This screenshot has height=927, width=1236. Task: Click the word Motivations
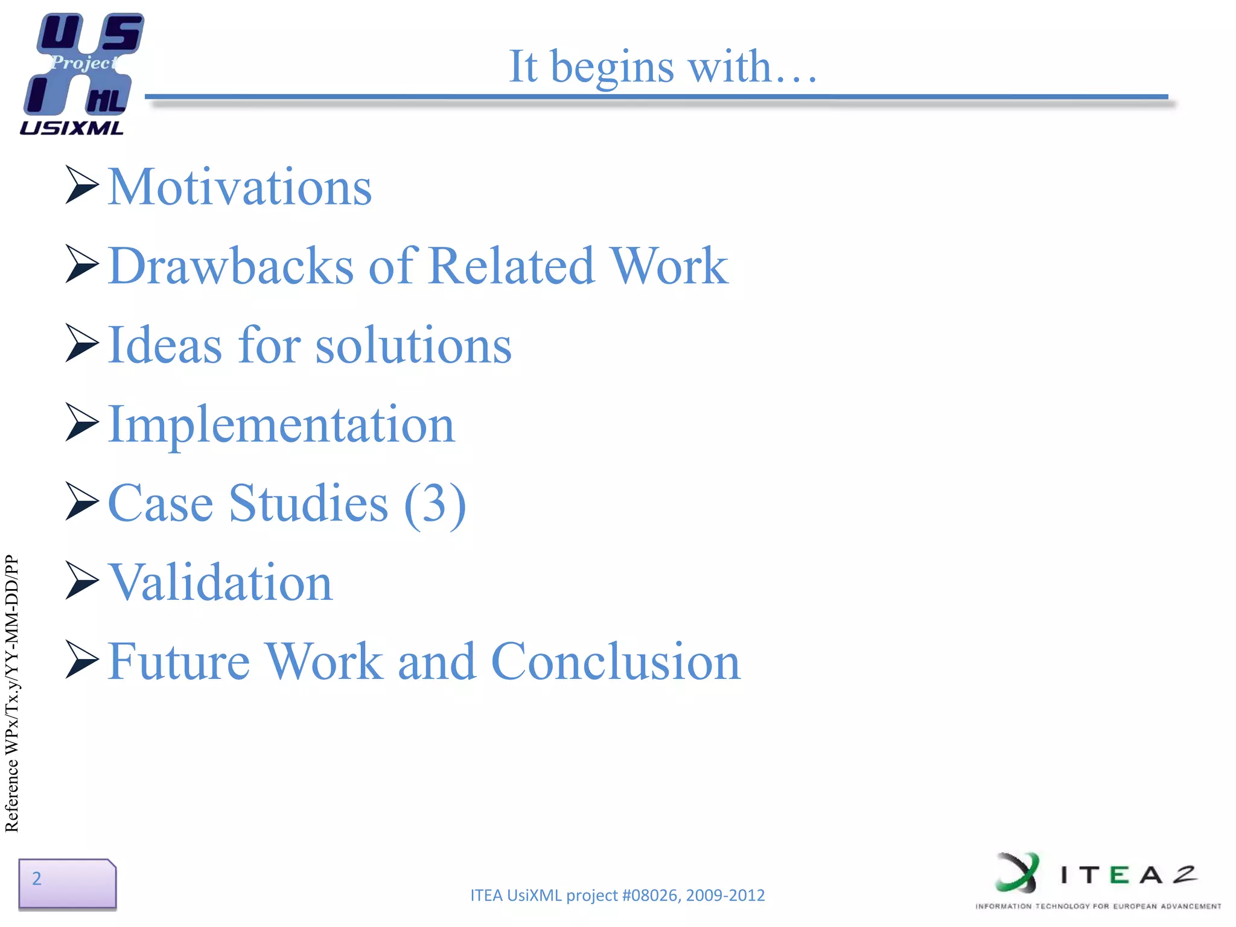(x=240, y=188)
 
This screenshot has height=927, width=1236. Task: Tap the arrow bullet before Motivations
(x=81, y=185)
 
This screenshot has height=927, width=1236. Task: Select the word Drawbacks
(x=231, y=266)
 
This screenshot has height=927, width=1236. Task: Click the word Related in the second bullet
(x=512, y=266)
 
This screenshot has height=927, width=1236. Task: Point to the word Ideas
(x=165, y=345)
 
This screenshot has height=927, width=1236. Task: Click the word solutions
(x=413, y=345)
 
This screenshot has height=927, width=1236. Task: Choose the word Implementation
(x=281, y=425)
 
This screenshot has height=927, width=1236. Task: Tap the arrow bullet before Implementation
(x=81, y=422)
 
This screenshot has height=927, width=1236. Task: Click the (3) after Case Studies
(x=435, y=504)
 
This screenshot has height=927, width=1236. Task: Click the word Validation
(x=220, y=583)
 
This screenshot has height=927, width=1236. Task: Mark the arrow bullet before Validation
(x=81, y=580)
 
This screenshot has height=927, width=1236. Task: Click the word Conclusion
(x=616, y=662)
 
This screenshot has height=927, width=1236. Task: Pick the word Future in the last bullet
(x=179, y=662)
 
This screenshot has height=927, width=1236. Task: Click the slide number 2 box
(x=66, y=883)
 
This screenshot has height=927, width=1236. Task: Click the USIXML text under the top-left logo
(x=71, y=128)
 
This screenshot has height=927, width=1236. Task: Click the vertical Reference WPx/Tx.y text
(x=12, y=694)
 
